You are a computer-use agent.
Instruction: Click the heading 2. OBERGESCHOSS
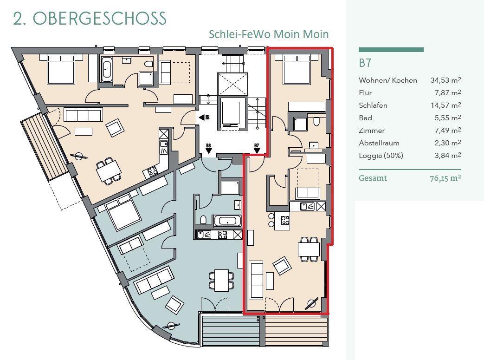click(90, 18)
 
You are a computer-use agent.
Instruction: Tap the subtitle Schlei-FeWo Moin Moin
click(269, 34)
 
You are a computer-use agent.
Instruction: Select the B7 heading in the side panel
click(365, 63)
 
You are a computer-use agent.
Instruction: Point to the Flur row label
click(365, 93)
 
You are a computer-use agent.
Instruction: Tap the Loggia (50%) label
click(381, 156)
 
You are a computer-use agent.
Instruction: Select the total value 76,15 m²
click(445, 178)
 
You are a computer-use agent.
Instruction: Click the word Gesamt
click(373, 178)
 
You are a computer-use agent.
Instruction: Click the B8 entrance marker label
click(209, 145)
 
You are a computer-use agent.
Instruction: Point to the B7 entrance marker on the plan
click(257, 148)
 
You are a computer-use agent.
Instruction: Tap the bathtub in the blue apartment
click(227, 221)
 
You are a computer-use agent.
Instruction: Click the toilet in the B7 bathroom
click(316, 122)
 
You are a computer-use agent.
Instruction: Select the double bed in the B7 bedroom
click(297, 69)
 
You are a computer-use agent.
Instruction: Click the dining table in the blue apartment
click(222, 280)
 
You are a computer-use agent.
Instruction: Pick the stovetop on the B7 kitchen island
click(285, 220)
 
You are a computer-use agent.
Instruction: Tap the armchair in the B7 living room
click(282, 266)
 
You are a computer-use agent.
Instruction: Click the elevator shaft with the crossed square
click(233, 84)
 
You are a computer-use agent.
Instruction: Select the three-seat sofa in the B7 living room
click(257, 280)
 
